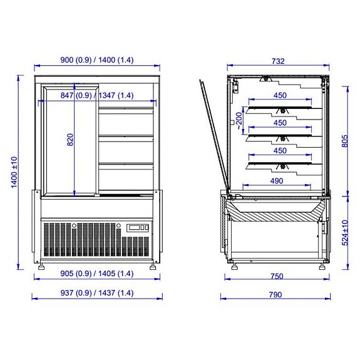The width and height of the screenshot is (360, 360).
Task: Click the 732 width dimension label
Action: click(x=279, y=61)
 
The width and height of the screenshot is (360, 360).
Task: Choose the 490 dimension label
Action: click(x=275, y=181)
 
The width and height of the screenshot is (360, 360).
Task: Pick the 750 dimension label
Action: click(x=275, y=274)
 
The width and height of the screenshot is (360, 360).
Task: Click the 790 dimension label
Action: click(x=275, y=294)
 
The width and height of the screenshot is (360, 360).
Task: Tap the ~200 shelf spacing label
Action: click(x=239, y=119)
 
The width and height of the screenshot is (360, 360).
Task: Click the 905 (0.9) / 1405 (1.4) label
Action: click(x=96, y=274)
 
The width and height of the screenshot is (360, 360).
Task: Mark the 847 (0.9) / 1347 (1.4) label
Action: click(x=98, y=96)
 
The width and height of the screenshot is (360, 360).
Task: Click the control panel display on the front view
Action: click(x=137, y=228)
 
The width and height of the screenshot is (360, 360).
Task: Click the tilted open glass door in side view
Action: click(x=213, y=135)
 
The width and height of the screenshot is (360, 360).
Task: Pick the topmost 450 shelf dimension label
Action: click(x=280, y=96)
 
